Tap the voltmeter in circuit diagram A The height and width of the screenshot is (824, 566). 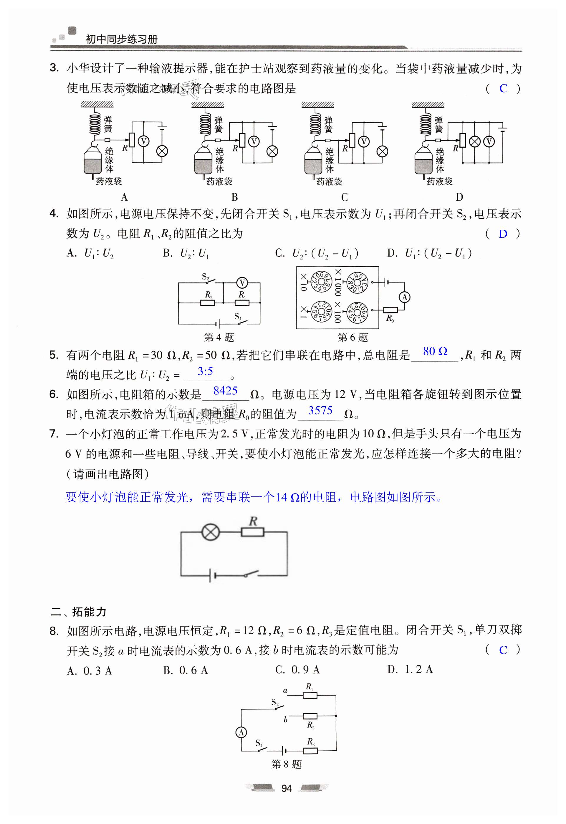point(144,141)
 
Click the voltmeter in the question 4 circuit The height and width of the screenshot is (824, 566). point(242,283)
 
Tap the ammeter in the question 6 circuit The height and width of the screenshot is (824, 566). point(405,297)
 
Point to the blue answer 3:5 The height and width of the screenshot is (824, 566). point(205,371)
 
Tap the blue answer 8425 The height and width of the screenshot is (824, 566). point(225,391)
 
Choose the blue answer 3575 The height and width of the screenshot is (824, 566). point(320,410)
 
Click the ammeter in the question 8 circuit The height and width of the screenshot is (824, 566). point(241,732)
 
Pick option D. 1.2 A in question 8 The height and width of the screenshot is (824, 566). point(410,669)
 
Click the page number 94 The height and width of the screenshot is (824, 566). point(286,788)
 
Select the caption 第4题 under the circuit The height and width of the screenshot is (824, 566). point(219,337)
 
